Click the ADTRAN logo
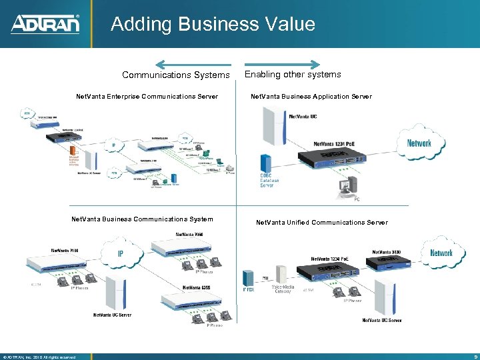click(x=45, y=25)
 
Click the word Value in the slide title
click(x=287, y=25)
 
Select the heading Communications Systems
click(x=175, y=75)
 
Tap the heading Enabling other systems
click(x=293, y=75)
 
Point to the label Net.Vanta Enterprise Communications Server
click(x=147, y=97)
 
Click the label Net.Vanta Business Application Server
click(x=311, y=97)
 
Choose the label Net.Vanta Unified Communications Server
click(x=321, y=223)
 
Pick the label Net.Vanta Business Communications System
click(x=142, y=219)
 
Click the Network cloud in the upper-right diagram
click(x=419, y=143)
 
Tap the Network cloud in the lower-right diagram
click(x=441, y=253)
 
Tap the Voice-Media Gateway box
click(x=281, y=275)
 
